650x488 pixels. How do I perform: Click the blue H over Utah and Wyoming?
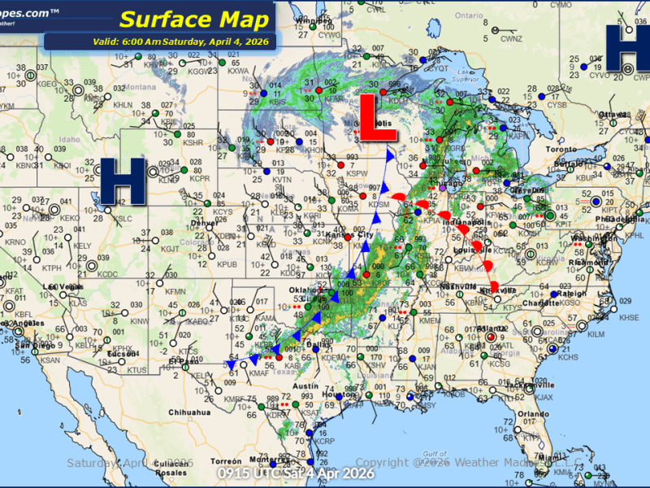[x=123, y=181]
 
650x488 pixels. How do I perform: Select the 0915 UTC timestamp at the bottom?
[x=297, y=473]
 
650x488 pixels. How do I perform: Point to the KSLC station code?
[x=122, y=219]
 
